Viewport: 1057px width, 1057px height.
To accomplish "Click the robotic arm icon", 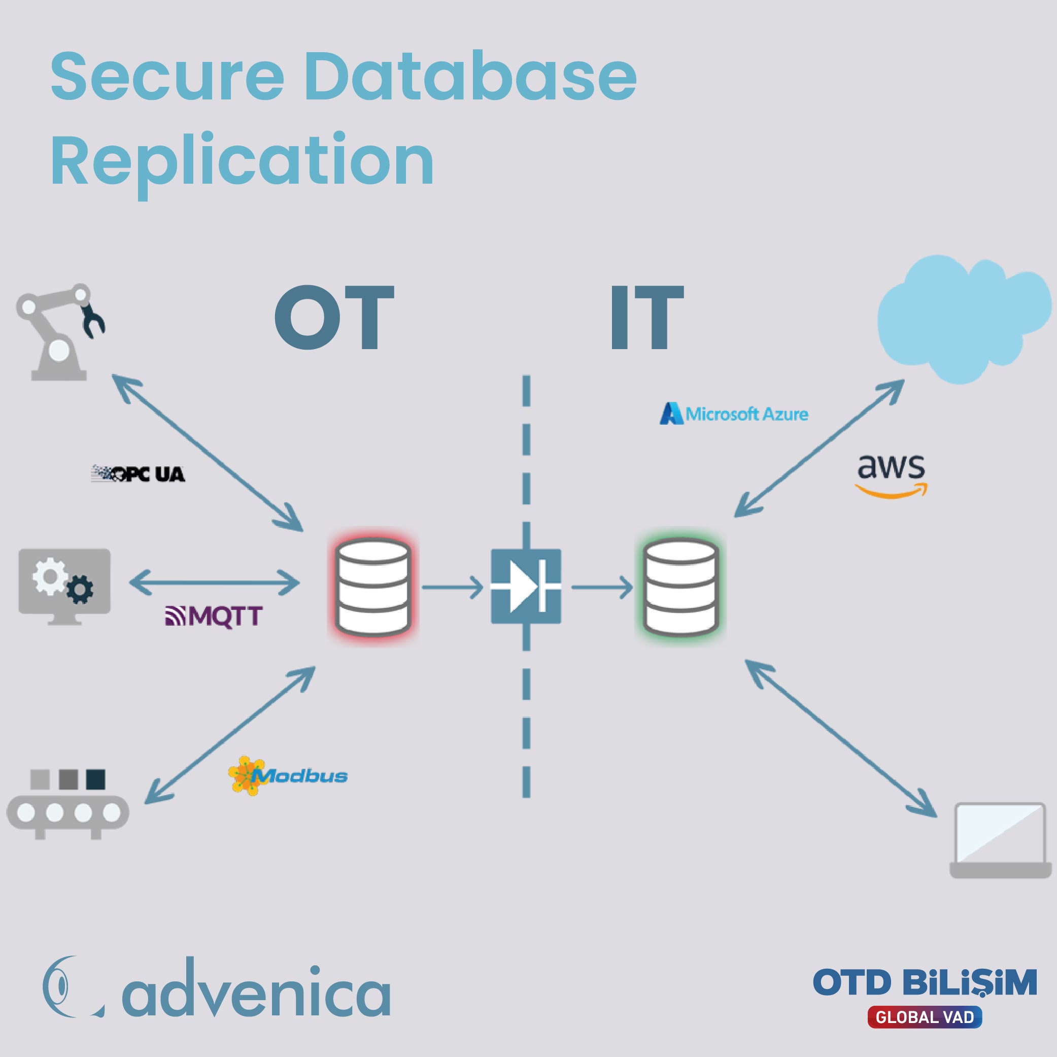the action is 60,331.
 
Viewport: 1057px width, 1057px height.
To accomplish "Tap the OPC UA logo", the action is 138,473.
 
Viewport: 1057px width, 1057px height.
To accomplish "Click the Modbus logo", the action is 288,775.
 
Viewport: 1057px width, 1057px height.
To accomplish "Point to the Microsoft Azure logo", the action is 734,414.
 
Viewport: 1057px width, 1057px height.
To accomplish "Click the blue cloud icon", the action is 964,319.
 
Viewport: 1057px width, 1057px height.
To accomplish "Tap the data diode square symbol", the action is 526,587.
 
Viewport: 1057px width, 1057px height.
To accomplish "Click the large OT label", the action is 334,318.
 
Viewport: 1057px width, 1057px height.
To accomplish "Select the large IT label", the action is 646,318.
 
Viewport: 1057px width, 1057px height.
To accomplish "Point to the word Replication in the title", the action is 243,163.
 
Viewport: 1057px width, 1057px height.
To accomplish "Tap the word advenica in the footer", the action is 256,988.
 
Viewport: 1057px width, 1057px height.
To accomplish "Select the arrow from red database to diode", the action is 453,588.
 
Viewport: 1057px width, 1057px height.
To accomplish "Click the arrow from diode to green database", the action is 602,588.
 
